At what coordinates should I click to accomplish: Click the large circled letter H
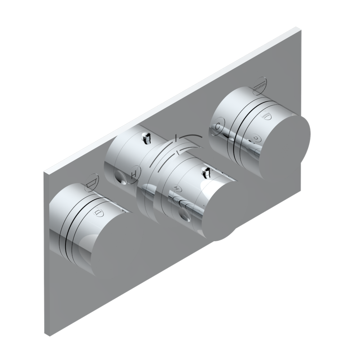click(x=134, y=172)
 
